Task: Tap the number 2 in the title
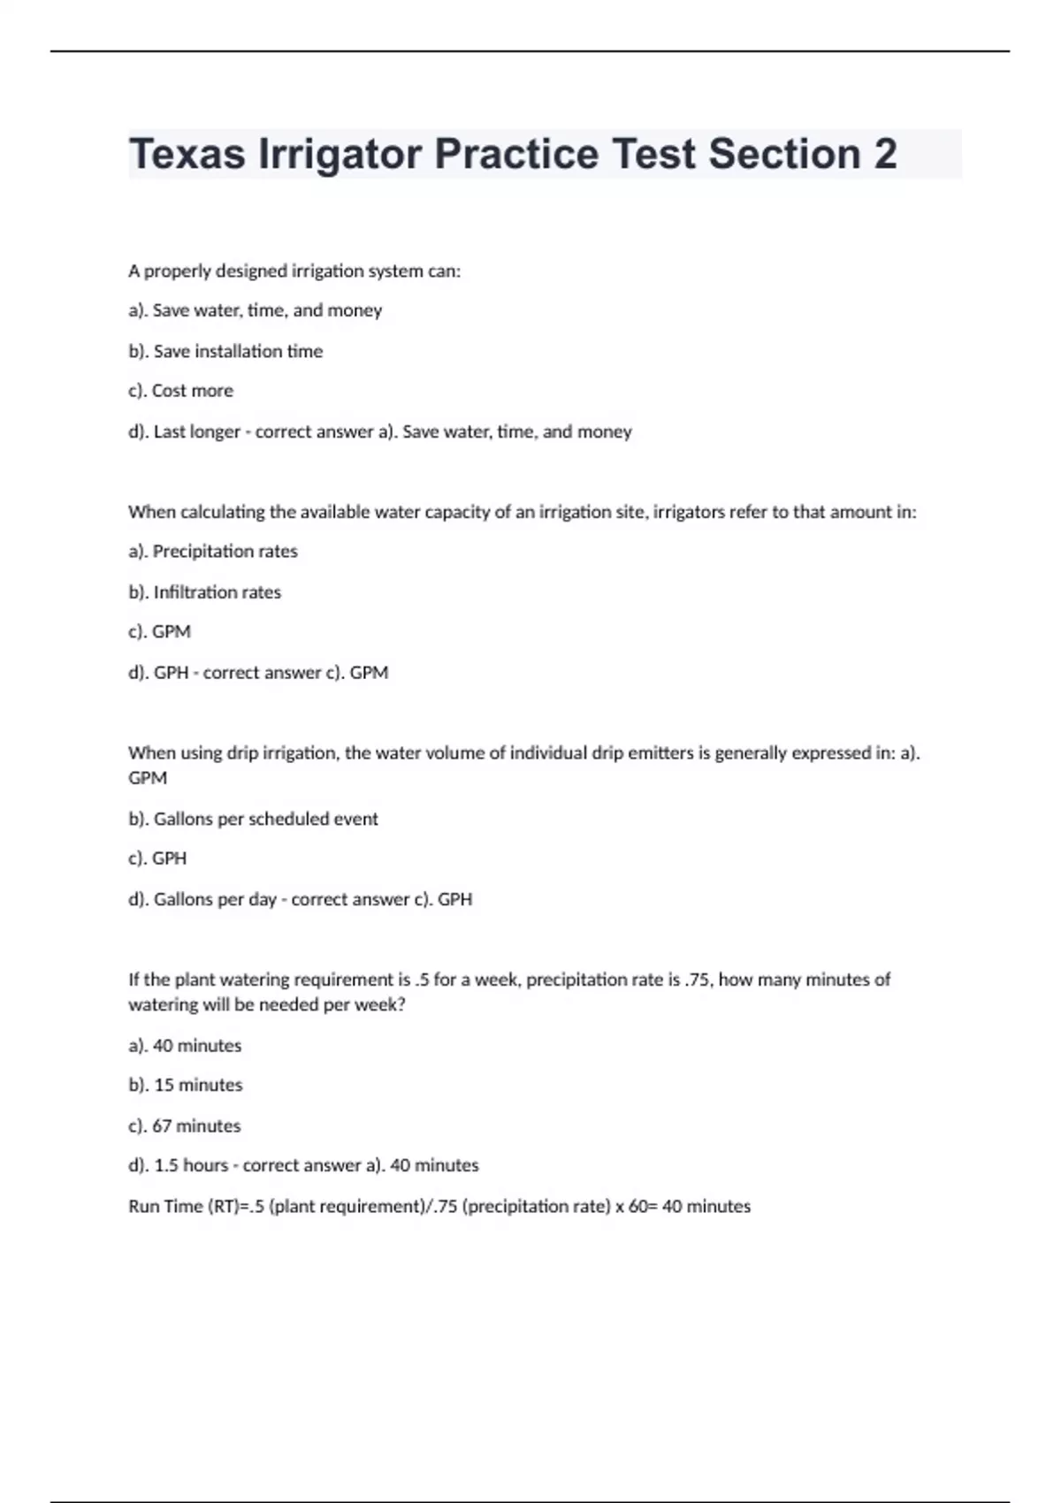coord(885,154)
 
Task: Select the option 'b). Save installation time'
coord(225,351)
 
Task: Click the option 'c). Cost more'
coord(180,391)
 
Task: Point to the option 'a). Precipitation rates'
coord(212,552)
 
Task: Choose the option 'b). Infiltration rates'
coord(204,592)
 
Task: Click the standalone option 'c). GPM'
coord(159,632)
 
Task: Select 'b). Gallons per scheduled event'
coord(253,819)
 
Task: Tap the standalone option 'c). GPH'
coord(157,858)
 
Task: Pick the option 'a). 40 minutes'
coord(185,1046)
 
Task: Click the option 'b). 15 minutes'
coord(185,1085)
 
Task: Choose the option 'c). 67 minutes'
coord(184,1126)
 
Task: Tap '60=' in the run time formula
coord(643,1207)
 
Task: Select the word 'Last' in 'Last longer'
coord(169,432)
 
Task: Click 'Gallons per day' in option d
coord(215,899)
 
